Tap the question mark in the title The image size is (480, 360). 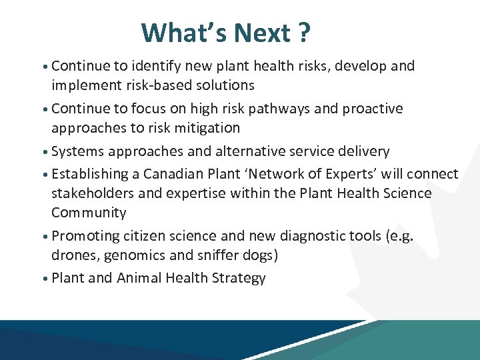coord(305,33)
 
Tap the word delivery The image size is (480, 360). coord(365,151)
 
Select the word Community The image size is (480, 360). coord(89,213)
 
